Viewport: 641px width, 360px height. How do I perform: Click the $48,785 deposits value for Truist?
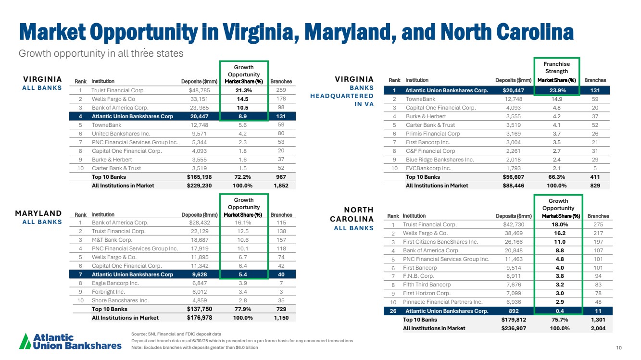coord(199,90)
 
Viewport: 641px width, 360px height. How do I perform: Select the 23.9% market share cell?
coord(557,90)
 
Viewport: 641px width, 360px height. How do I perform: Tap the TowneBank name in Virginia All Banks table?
coord(106,125)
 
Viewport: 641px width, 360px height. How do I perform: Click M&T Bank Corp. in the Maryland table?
coord(112,240)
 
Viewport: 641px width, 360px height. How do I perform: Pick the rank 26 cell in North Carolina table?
coord(393,311)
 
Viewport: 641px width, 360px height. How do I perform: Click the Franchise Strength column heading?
coord(556,67)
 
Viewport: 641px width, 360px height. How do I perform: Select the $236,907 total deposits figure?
coord(514,328)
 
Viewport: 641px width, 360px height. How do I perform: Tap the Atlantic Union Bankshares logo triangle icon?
coord(25,341)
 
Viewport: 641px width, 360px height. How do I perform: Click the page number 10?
coord(619,348)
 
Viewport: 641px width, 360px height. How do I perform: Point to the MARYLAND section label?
coord(38,213)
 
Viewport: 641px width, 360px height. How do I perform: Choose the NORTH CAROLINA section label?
coord(352,214)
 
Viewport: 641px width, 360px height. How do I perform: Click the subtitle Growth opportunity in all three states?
coord(101,53)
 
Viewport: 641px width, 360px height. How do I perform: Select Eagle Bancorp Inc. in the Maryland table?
coord(115,283)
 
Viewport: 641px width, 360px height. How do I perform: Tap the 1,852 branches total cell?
coord(281,186)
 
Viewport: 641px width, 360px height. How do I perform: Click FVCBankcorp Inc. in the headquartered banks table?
coord(428,168)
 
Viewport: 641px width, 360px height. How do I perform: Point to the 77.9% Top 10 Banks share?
coord(243,309)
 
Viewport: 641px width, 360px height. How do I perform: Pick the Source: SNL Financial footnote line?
coord(176,334)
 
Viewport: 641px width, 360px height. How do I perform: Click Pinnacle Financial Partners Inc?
coord(443,302)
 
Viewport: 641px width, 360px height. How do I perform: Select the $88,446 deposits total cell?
coord(514,186)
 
